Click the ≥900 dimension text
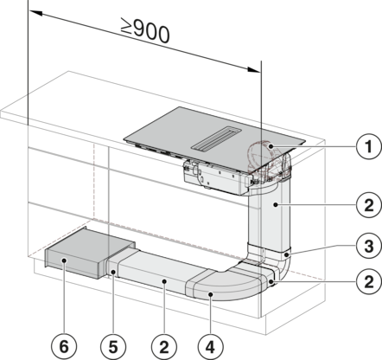coord(145,30)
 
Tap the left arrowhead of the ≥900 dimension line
coord(35,13)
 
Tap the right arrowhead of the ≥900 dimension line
coord(254,69)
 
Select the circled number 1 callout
coord(368,147)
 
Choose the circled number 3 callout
coord(368,246)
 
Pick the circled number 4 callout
coord(211,347)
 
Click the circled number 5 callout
coord(113,347)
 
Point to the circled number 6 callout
coord(64,347)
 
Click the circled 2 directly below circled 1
coord(368,205)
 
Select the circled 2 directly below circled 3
coord(368,281)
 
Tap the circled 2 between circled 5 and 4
coord(164,347)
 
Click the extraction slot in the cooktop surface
coord(216,138)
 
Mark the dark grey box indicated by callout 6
coord(88,253)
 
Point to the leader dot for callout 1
coord(271,146)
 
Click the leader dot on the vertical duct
coord(276,205)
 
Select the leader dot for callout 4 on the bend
coord(211,294)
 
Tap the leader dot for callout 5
coord(113,272)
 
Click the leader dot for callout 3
coord(286,255)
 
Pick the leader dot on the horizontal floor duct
coord(164,281)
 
